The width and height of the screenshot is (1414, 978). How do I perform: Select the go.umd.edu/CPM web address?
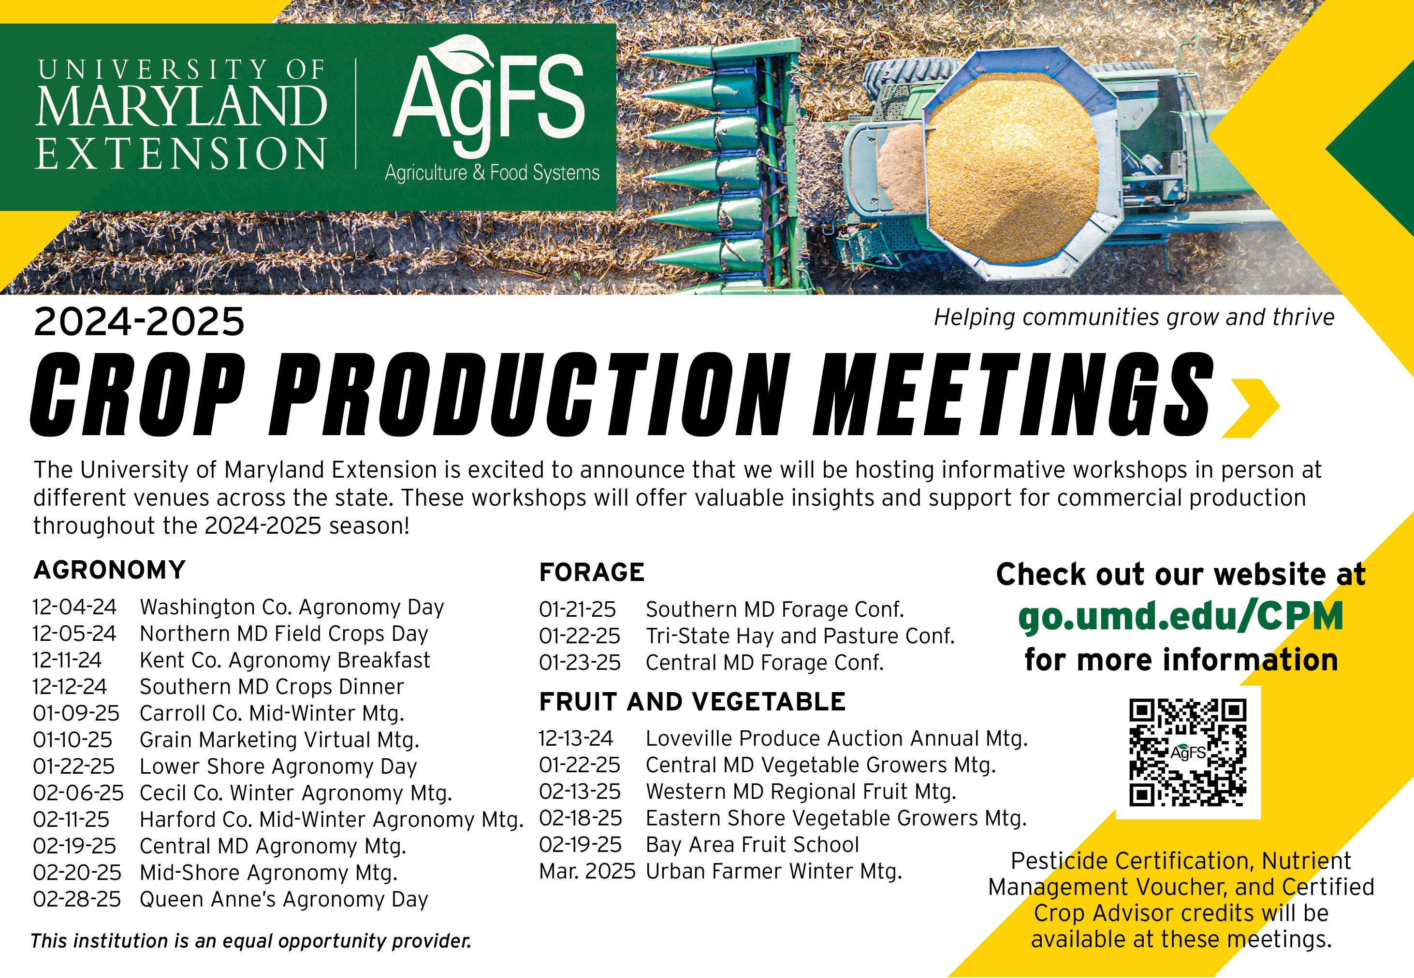point(1181,616)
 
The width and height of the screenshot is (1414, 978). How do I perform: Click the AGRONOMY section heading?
point(109,570)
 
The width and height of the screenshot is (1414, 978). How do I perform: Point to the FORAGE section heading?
point(592,572)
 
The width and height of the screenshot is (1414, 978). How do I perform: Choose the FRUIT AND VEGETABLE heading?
point(692,702)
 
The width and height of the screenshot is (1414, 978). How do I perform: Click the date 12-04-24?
point(74,607)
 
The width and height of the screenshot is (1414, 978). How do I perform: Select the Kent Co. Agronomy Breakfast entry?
point(285,660)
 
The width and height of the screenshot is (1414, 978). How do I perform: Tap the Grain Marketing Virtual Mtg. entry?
point(279,739)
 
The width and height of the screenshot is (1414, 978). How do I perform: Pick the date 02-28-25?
point(77,899)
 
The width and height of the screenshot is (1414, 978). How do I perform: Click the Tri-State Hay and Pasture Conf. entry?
point(800,636)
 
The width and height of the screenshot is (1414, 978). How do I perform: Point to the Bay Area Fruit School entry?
point(752,844)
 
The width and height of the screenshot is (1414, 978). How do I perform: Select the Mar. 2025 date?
point(587,871)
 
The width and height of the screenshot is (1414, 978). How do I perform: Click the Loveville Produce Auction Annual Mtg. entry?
point(836,738)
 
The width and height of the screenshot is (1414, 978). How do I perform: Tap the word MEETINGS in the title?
point(1012,395)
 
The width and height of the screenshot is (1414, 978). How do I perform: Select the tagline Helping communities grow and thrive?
point(1134,317)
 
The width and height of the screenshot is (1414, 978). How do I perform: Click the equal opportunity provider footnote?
point(251,941)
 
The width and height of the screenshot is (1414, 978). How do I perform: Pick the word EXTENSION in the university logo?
point(181,153)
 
